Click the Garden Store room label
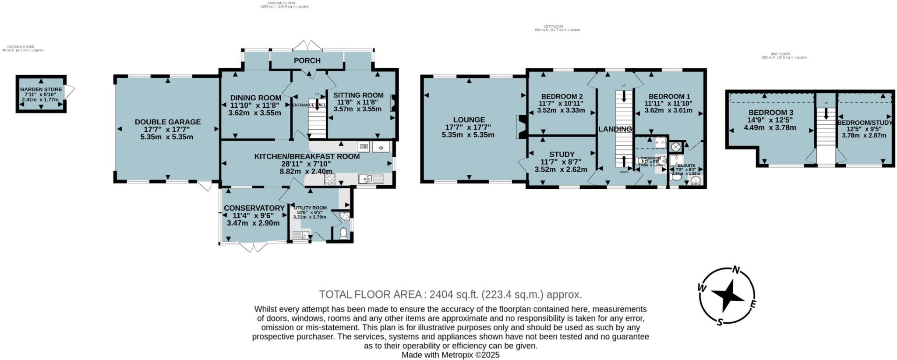tap(41, 89)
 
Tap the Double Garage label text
tap(167, 122)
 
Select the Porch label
tap(307, 60)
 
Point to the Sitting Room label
tap(358, 95)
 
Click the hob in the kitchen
tap(329, 179)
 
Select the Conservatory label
tap(254, 208)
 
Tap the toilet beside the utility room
tap(343, 234)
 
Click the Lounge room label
tap(469, 120)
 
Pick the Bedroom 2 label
tap(562, 97)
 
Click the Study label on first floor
tap(562, 154)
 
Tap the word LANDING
tap(615, 129)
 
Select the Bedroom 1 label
tap(669, 97)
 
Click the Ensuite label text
tap(686, 166)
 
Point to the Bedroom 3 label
tap(770, 113)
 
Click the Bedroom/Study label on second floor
tap(865, 123)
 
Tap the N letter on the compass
tap(737, 270)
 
